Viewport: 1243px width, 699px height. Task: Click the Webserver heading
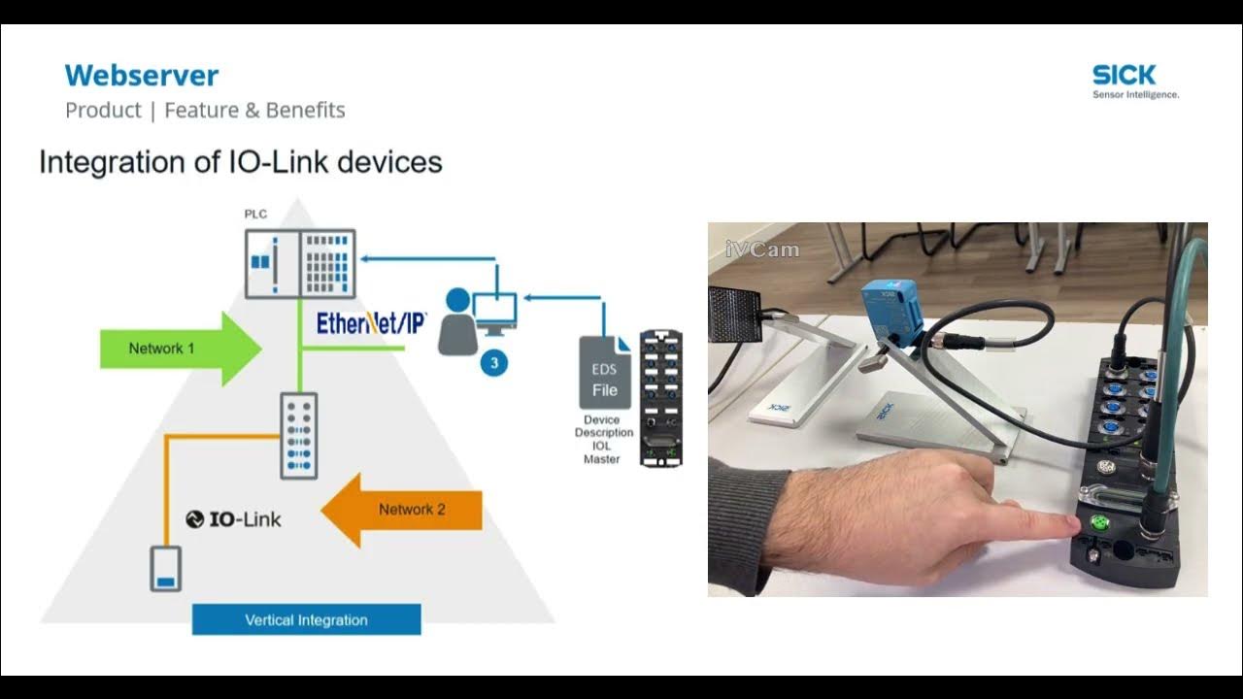coord(142,76)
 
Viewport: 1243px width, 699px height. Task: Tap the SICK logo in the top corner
coord(1125,75)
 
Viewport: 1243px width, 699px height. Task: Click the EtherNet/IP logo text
coord(371,323)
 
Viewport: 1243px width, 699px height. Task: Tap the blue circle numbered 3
coord(494,363)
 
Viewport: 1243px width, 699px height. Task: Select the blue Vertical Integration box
coord(306,619)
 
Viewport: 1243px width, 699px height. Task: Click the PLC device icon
coord(300,263)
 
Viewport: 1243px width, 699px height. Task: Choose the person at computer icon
coord(476,320)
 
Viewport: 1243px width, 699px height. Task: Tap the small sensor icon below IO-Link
coord(165,569)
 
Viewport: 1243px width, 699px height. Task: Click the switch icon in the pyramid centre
coord(299,435)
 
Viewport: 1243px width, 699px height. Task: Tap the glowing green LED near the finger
coord(1100,523)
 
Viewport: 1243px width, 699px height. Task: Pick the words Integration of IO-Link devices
coord(241,162)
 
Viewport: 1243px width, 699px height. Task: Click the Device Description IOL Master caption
coord(602,440)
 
